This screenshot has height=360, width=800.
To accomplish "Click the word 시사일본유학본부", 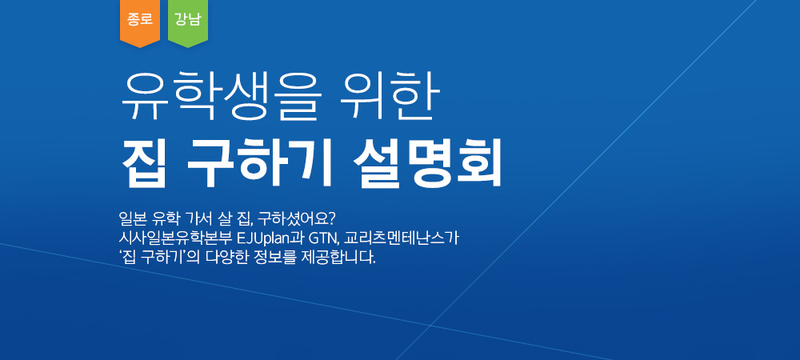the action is coord(175,238).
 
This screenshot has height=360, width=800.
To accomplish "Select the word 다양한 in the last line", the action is coord(226,257).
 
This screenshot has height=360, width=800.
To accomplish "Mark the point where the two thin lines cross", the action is coord(431,325).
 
